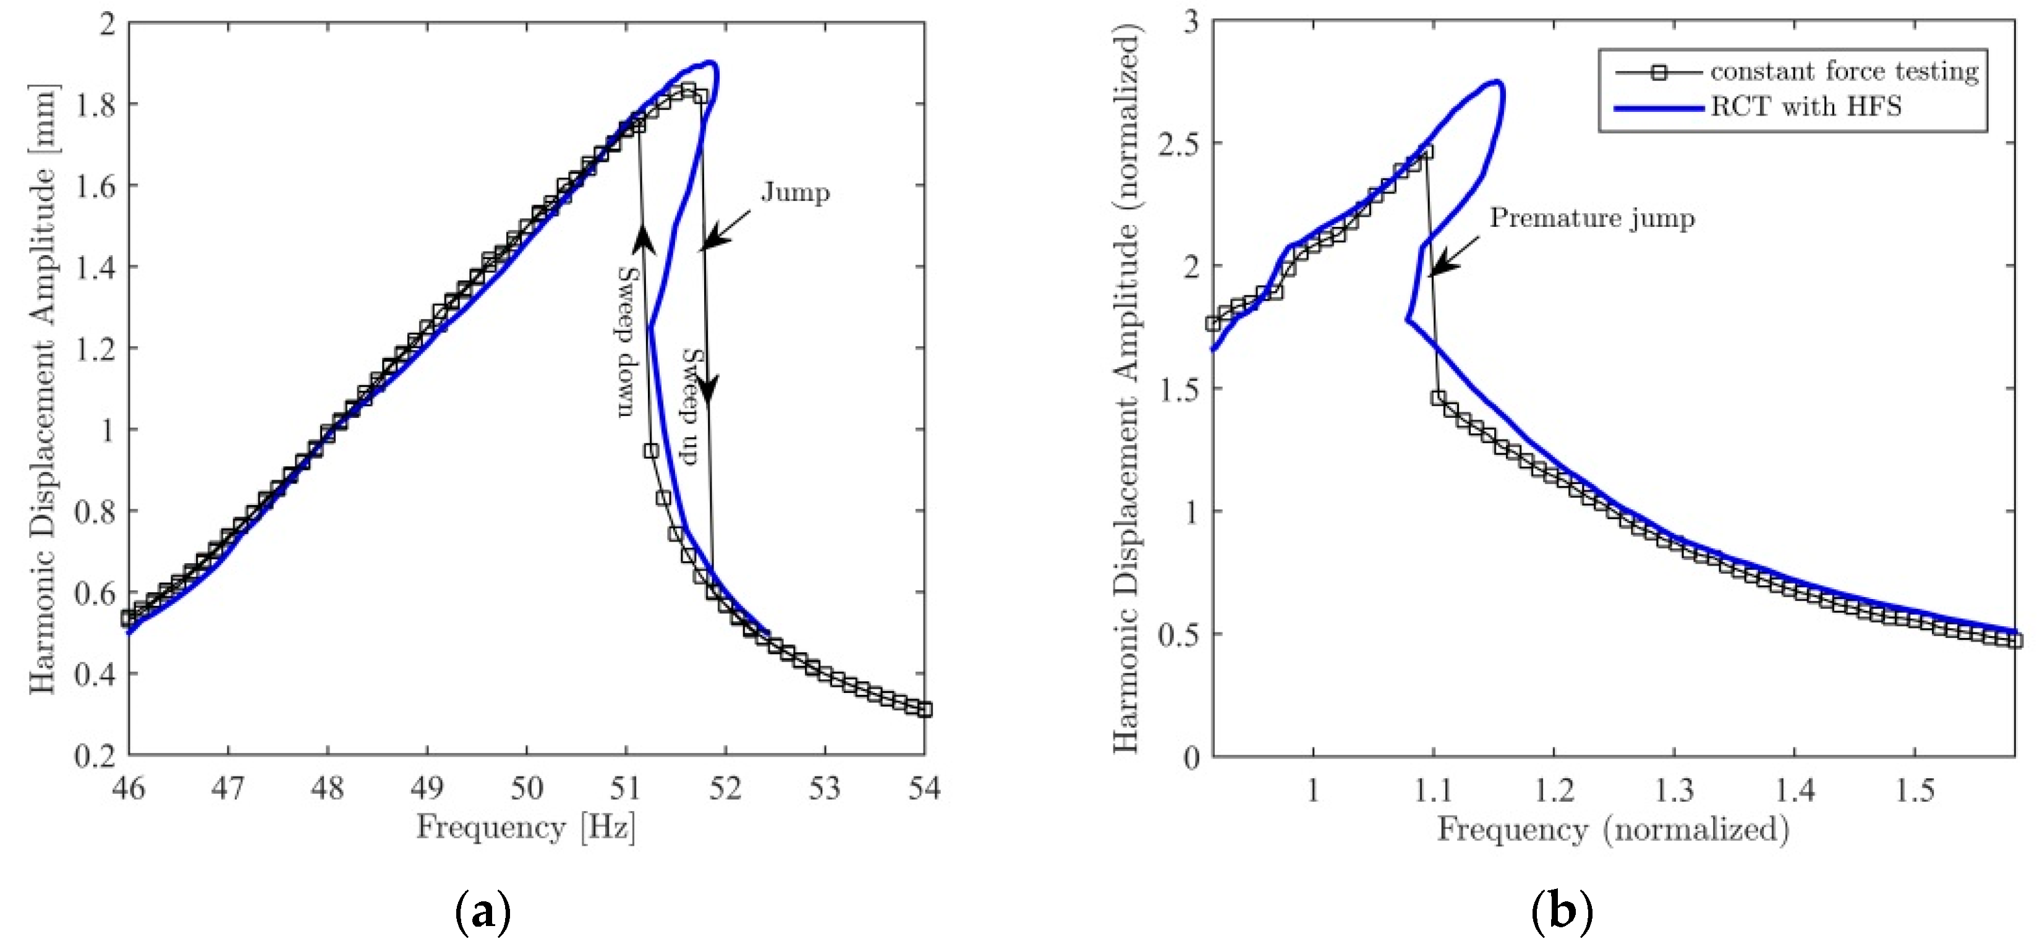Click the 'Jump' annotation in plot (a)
click(x=795, y=192)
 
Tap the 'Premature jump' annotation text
click(x=1592, y=218)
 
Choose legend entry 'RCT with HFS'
click(x=1805, y=106)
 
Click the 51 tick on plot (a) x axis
click(x=626, y=788)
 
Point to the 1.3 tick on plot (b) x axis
click(x=1674, y=790)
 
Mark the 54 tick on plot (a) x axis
click(x=924, y=788)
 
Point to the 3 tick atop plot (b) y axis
click(x=1190, y=22)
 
